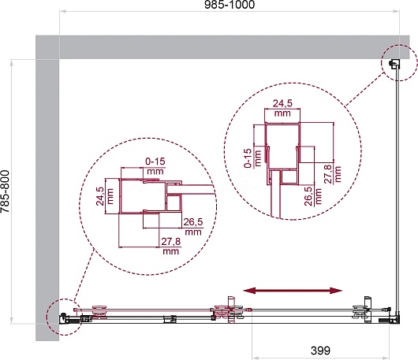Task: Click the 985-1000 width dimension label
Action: tap(230, 5)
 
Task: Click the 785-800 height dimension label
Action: tap(5, 191)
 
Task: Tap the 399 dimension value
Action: tap(320, 351)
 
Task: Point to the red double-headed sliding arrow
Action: tap(293, 290)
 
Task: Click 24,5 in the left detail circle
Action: tap(100, 196)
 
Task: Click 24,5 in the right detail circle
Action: tap(282, 103)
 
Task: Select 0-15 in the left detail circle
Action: tap(155, 161)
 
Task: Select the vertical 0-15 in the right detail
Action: tap(248, 158)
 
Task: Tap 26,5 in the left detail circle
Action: tap(193, 221)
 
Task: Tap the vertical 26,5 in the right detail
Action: tap(308, 196)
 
